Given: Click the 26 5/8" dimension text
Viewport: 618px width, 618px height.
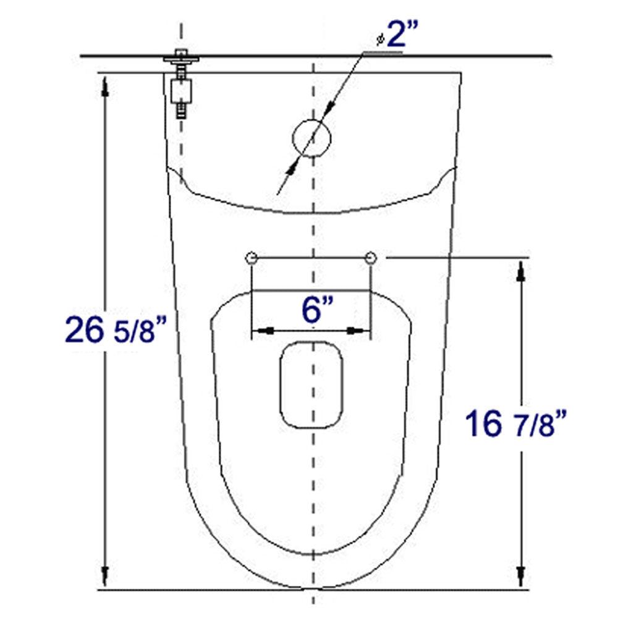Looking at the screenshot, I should pos(116,331).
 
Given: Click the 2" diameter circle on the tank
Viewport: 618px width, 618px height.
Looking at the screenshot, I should pos(312,138).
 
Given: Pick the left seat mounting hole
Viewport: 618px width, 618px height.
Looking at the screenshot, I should pos(251,258).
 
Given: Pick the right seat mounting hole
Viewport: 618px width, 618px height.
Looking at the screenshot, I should pos(371,258).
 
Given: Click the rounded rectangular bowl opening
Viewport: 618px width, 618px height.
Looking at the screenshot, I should pos(312,384).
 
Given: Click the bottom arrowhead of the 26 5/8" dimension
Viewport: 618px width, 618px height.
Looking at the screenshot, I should pos(106,575).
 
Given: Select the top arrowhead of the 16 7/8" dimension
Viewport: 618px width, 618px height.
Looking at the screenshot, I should pos(522,271).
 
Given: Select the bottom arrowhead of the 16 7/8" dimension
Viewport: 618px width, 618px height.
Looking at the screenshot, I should pos(522,575).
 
